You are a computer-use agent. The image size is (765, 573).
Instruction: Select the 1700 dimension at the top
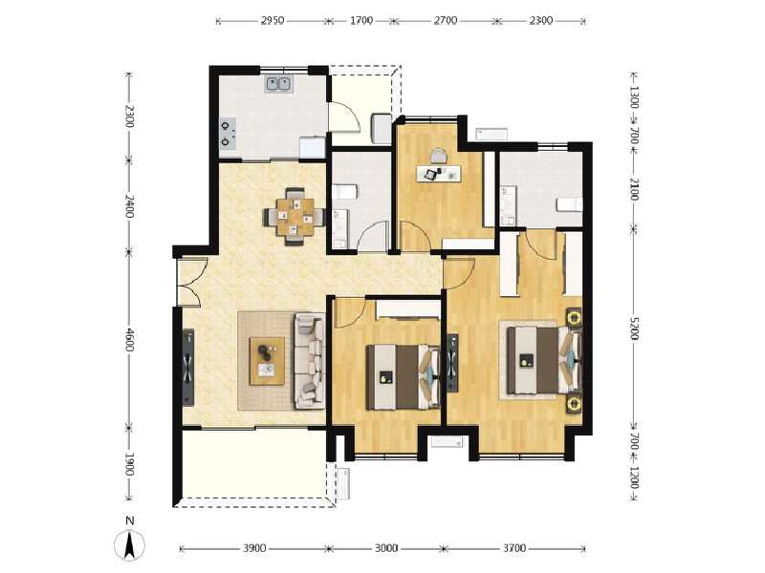tap(361, 19)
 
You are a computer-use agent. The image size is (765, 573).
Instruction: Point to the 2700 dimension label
tap(446, 19)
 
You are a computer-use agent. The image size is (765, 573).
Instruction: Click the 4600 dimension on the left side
tap(130, 339)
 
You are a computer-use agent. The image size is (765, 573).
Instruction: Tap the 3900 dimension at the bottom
tap(253, 548)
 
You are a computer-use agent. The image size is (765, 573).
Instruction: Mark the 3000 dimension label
tap(385, 548)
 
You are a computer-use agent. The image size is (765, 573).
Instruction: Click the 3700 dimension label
tap(514, 548)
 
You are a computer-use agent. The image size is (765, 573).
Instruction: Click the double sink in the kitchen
tap(279, 84)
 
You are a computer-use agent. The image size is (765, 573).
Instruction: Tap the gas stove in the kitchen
tap(228, 132)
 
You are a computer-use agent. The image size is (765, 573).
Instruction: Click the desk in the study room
tap(438, 172)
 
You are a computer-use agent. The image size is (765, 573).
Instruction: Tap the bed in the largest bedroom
tap(543, 359)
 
